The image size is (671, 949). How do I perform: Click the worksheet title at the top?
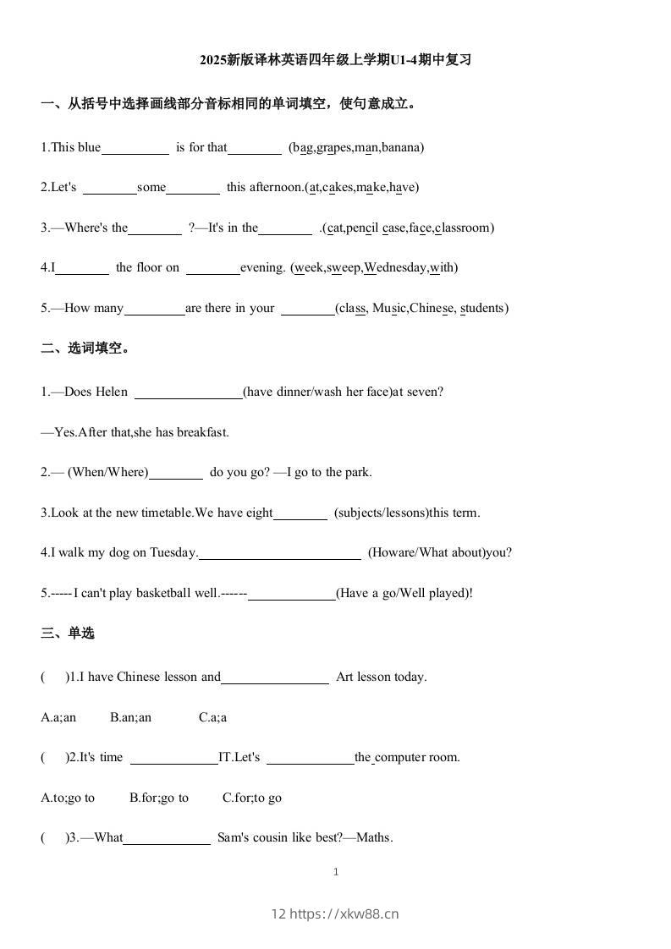[x=335, y=60]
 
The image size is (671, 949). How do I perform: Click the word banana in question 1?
[x=400, y=147]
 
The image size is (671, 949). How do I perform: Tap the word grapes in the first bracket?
[x=334, y=147]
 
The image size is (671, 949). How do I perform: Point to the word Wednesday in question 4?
[x=395, y=268]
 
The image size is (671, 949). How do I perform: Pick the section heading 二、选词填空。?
[x=85, y=348]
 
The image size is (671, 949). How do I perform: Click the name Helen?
[x=112, y=392]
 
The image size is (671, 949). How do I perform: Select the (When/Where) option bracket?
[x=107, y=472]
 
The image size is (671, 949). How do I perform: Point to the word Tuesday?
[x=173, y=553]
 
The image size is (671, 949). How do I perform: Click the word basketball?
[x=164, y=593]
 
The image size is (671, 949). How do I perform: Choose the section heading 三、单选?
[x=68, y=634]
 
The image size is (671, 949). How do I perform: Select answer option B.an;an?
[x=130, y=717]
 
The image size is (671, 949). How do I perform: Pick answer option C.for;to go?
[x=252, y=798]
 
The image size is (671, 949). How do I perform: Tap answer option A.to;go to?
[x=68, y=798]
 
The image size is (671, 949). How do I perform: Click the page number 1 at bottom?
[x=336, y=872]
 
